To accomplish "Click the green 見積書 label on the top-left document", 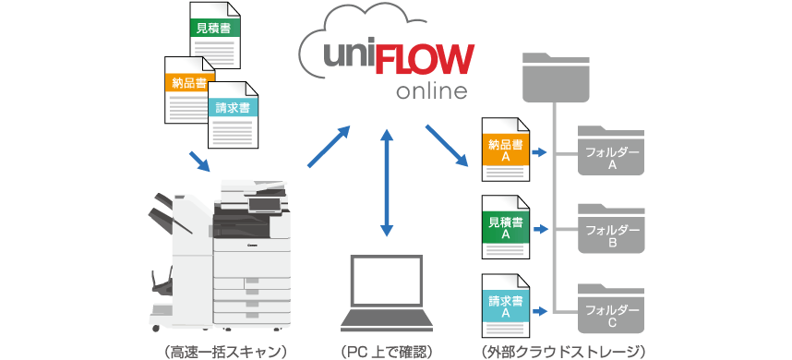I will [x=215, y=28].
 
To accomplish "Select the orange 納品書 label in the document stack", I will [x=187, y=83].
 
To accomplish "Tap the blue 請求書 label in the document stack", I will [x=233, y=108].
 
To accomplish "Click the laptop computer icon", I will [x=386, y=293].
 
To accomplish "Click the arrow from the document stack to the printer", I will [x=200, y=161].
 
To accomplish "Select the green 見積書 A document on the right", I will [x=506, y=228].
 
